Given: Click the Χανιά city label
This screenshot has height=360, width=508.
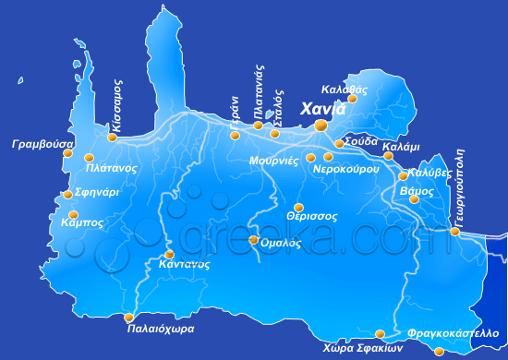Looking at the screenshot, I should (324, 109).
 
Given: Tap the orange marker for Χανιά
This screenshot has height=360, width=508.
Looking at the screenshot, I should (321, 125).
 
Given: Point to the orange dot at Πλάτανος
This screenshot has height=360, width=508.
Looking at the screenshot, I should (90, 157).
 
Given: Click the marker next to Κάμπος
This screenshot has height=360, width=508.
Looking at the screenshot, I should (74, 214).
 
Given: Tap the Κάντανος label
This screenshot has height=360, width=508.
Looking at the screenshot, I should (185, 264).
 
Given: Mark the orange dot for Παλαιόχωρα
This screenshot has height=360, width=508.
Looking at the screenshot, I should (129, 318).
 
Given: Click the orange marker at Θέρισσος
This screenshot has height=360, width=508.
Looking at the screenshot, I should (298, 208).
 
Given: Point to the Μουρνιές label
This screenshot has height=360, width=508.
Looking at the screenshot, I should (273, 160).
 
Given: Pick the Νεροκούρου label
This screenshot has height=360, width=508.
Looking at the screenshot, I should (347, 171).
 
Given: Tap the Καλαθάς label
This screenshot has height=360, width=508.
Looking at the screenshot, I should (345, 90).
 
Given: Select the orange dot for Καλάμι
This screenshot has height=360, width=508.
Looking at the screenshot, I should (388, 155).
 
